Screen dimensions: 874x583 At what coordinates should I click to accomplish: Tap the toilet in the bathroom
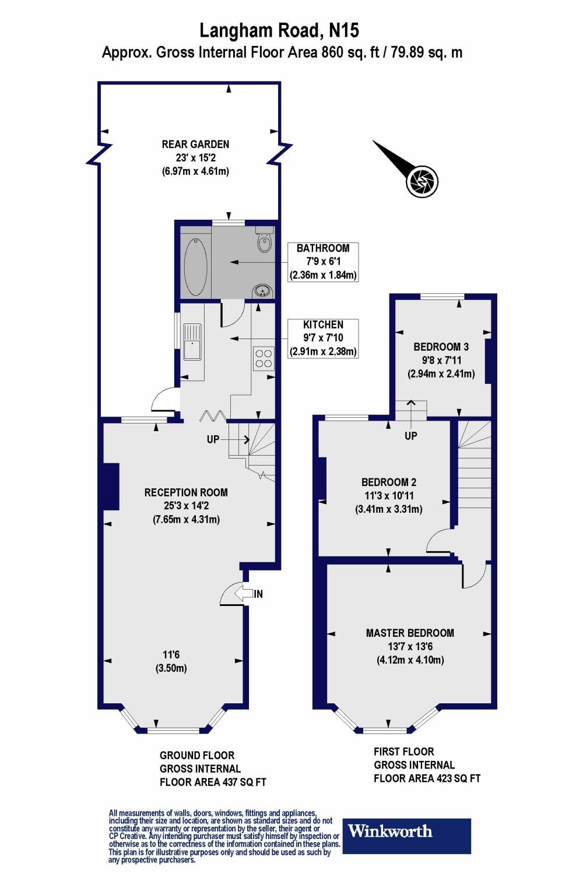(x=264, y=241)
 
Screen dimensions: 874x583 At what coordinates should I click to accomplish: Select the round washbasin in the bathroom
(x=262, y=290)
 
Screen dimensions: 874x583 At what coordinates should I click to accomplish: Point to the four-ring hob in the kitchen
(x=263, y=358)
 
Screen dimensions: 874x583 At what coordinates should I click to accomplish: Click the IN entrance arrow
(x=248, y=594)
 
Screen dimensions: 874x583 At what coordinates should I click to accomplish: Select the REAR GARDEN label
(x=195, y=144)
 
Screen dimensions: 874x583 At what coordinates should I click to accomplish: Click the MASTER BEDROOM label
(x=410, y=633)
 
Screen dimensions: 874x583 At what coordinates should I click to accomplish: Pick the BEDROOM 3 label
(x=441, y=347)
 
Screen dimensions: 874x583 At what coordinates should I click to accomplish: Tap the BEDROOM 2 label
(x=389, y=482)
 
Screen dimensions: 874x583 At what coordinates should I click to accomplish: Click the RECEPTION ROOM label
(x=186, y=492)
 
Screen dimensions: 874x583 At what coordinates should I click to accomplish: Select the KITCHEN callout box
(x=323, y=338)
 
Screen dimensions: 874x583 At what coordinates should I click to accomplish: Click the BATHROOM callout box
(x=323, y=262)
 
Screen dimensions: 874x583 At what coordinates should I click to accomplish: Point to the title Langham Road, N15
(x=279, y=30)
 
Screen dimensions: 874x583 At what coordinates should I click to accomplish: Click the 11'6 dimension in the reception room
(x=171, y=654)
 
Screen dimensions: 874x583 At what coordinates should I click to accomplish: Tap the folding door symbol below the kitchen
(x=213, y=415)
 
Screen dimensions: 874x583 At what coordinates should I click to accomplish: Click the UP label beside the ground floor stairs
(x=213, y=439)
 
